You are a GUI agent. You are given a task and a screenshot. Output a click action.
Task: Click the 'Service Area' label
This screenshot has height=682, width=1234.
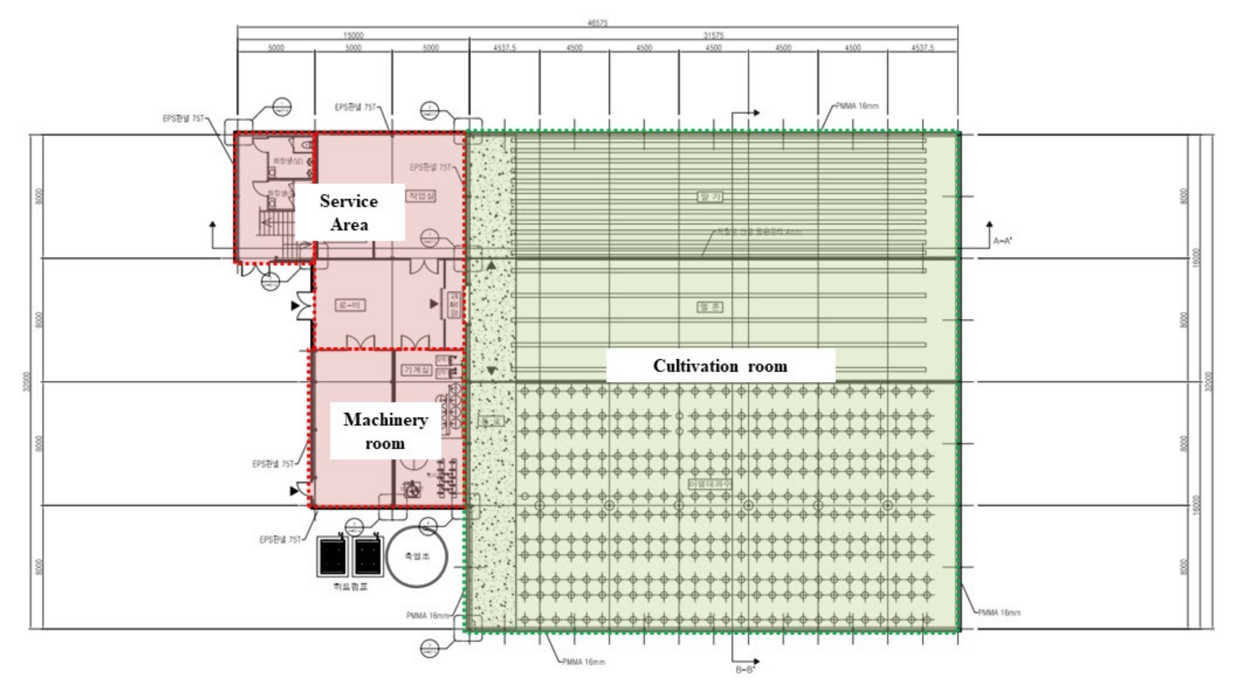(x=349, y=212)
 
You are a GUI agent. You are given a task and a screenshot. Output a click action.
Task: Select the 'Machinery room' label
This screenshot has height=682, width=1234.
(x=385, y=431)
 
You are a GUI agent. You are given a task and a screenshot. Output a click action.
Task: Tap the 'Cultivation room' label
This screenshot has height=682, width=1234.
(x=720, y=366)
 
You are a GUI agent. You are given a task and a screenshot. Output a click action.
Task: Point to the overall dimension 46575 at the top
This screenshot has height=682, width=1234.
(x=598, y=23)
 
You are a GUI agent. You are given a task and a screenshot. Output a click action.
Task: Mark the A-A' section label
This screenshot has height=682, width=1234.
(x=1003, y=241)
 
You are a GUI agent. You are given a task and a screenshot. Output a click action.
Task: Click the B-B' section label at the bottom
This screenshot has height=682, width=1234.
(x=745, y=670)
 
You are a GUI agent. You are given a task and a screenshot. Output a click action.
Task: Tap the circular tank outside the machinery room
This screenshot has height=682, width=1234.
(x=417, y=556)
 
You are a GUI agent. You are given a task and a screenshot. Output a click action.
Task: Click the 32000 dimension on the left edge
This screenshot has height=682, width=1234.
(x=27, y=381)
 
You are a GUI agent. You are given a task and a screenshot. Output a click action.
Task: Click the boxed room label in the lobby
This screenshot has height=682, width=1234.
(x=350, y=305)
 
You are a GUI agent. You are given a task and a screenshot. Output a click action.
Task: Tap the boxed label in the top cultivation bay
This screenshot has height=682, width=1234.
(x=710, y=197)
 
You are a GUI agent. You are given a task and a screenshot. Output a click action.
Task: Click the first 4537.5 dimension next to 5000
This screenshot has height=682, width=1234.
(x=505, y=48)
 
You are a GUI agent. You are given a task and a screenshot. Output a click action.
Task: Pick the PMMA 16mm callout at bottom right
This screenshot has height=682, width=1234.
(x=999, y=613)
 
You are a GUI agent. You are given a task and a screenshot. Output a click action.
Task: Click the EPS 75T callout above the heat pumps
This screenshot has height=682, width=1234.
(x=280, y=540)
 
